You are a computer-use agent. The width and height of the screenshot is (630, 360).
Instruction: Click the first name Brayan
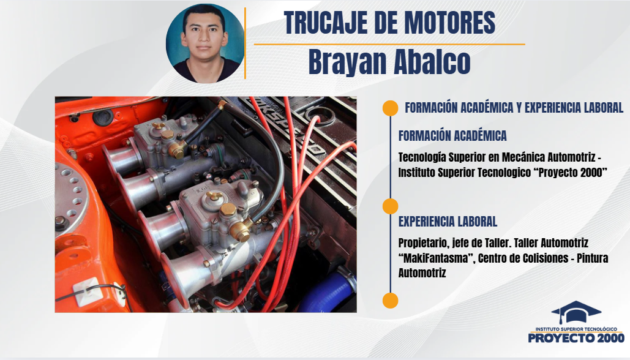tap(347, 62)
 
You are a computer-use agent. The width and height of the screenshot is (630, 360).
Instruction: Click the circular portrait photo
tap(205, 43)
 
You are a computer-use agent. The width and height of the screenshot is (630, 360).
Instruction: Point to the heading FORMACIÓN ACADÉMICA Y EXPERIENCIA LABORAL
tap(514, 108)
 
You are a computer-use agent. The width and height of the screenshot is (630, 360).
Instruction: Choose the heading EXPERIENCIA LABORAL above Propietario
tap(448, 222)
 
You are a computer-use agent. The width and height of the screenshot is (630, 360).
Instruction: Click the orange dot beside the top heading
tap(390, 108)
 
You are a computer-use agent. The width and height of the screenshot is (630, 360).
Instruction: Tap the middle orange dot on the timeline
tap(390, 206)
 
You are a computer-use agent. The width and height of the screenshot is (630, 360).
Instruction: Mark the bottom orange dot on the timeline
tap(390, 301)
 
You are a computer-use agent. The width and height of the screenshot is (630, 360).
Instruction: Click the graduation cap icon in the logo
tap(576, 312)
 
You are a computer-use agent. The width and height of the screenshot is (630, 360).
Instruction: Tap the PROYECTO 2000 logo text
tap(576, 337)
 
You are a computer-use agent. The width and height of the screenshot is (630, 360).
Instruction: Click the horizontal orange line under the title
tap(389, 44)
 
